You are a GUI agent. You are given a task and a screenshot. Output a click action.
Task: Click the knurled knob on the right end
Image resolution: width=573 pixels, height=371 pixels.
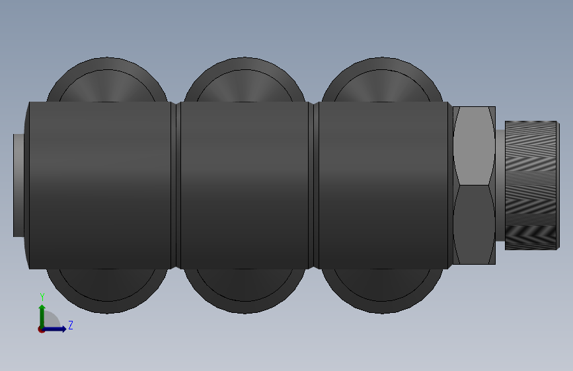531,185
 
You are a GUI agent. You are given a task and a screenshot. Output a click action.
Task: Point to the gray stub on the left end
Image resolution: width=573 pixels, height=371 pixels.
19,185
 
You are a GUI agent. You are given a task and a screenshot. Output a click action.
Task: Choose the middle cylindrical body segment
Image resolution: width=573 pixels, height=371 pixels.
245,185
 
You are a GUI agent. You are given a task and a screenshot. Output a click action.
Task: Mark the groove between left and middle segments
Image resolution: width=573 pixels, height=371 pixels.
176,185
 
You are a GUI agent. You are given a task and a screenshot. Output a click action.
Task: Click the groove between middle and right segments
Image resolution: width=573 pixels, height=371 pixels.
314,185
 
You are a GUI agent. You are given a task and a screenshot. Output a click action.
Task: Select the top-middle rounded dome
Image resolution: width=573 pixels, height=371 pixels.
245,83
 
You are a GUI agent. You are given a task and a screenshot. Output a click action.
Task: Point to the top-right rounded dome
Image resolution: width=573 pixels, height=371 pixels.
382,83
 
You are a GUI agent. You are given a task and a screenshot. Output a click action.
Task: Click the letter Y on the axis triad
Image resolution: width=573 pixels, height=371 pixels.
42,297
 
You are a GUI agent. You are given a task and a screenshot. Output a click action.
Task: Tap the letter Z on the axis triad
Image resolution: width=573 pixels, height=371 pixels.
70,325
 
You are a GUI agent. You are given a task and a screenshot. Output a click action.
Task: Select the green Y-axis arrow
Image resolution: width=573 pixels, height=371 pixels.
42,314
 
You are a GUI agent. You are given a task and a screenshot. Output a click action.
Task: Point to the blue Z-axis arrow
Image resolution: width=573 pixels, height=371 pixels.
57,329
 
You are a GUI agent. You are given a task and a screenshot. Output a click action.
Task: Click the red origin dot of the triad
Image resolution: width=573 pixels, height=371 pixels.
42,329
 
